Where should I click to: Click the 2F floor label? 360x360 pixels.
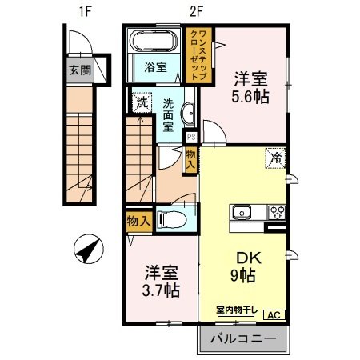point(195,11)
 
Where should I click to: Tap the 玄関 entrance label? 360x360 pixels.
point(78,69)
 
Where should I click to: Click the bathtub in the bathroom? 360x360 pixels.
point(155,42)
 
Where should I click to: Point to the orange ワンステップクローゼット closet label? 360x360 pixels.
point(200,54)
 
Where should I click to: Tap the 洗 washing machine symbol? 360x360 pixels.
point(141,102)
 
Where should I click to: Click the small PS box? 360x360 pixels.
point(191,136)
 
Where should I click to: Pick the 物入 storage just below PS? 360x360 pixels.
point(191,158)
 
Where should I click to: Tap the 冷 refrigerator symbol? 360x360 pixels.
point(274,158)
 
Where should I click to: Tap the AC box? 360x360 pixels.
point(273,315)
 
